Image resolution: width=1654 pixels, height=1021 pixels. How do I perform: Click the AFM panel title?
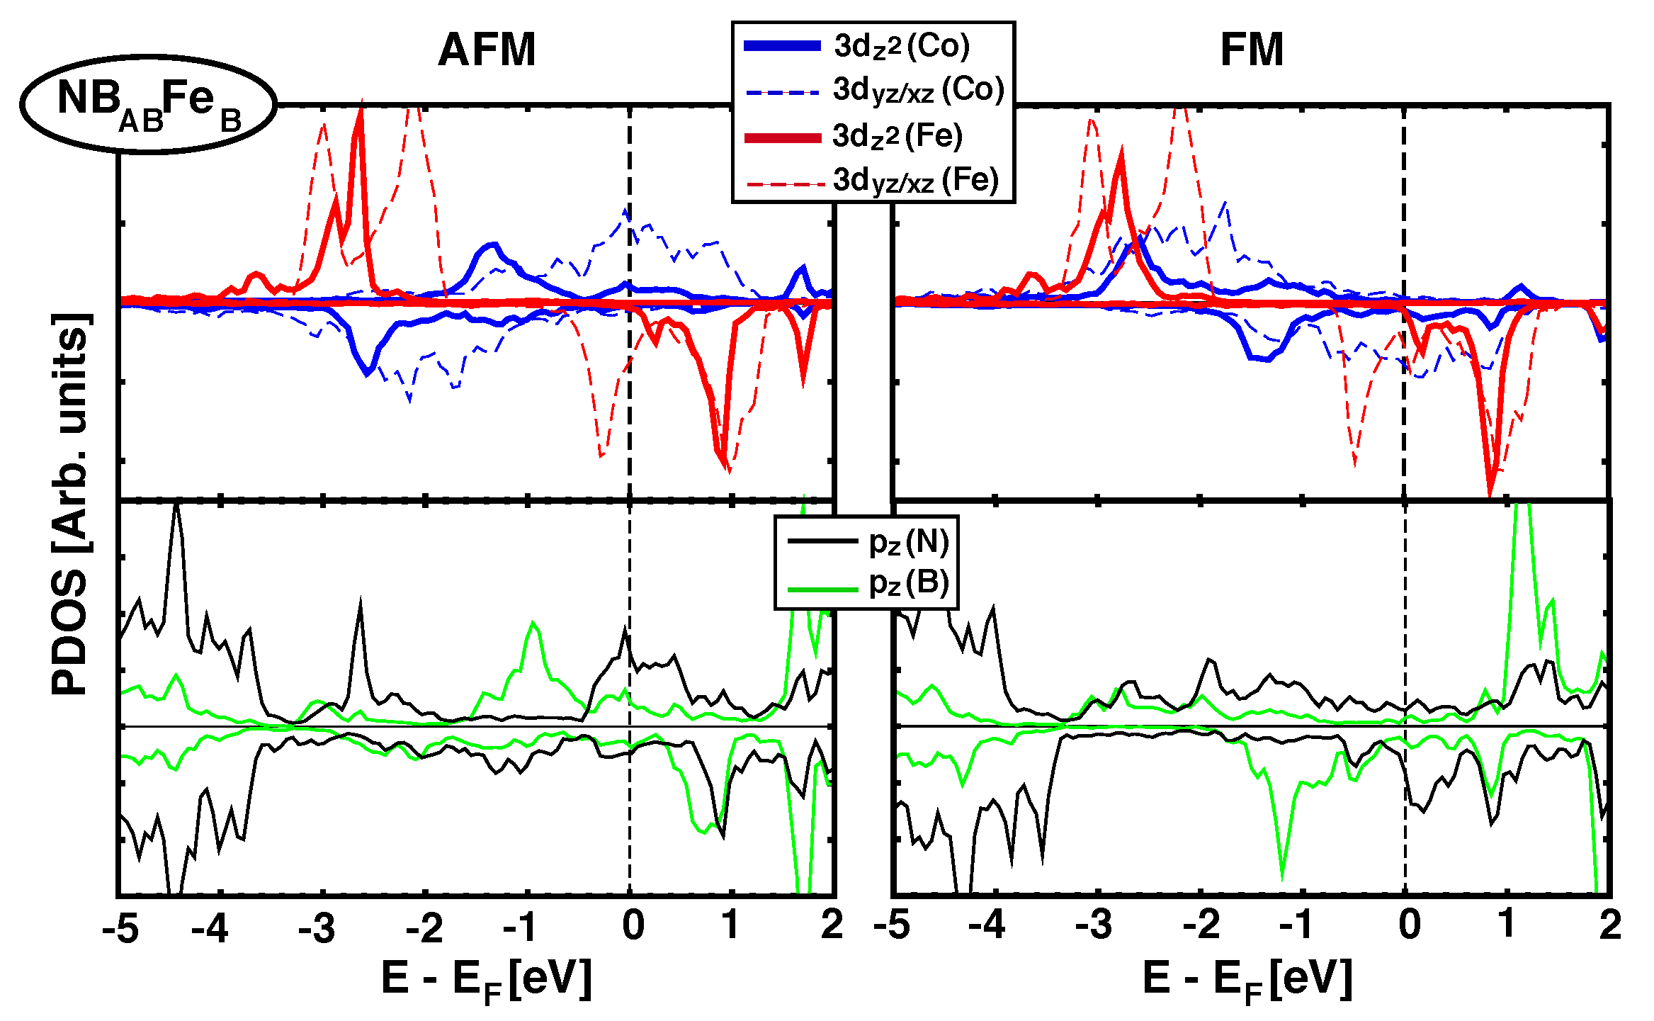point(487,50)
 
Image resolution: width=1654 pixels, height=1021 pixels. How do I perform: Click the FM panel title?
point(1252,50)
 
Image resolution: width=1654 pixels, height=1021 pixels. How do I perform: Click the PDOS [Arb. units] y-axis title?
point(71,503)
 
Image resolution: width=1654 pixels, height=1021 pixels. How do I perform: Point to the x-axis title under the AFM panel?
point(487,980)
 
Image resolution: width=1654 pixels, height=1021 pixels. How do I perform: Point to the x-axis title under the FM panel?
point(1248,980)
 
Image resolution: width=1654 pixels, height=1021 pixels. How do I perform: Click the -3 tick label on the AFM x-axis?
point(316,927)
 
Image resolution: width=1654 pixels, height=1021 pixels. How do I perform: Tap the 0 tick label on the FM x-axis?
point(1409,925)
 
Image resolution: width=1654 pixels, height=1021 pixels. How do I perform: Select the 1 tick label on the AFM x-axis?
point(731,925)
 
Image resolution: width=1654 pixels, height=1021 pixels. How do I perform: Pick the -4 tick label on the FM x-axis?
point(986,925)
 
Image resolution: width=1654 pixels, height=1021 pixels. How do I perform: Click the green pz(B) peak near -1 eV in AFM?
point(533,624)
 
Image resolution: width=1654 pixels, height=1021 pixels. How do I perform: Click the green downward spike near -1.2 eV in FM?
point(1282,877)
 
